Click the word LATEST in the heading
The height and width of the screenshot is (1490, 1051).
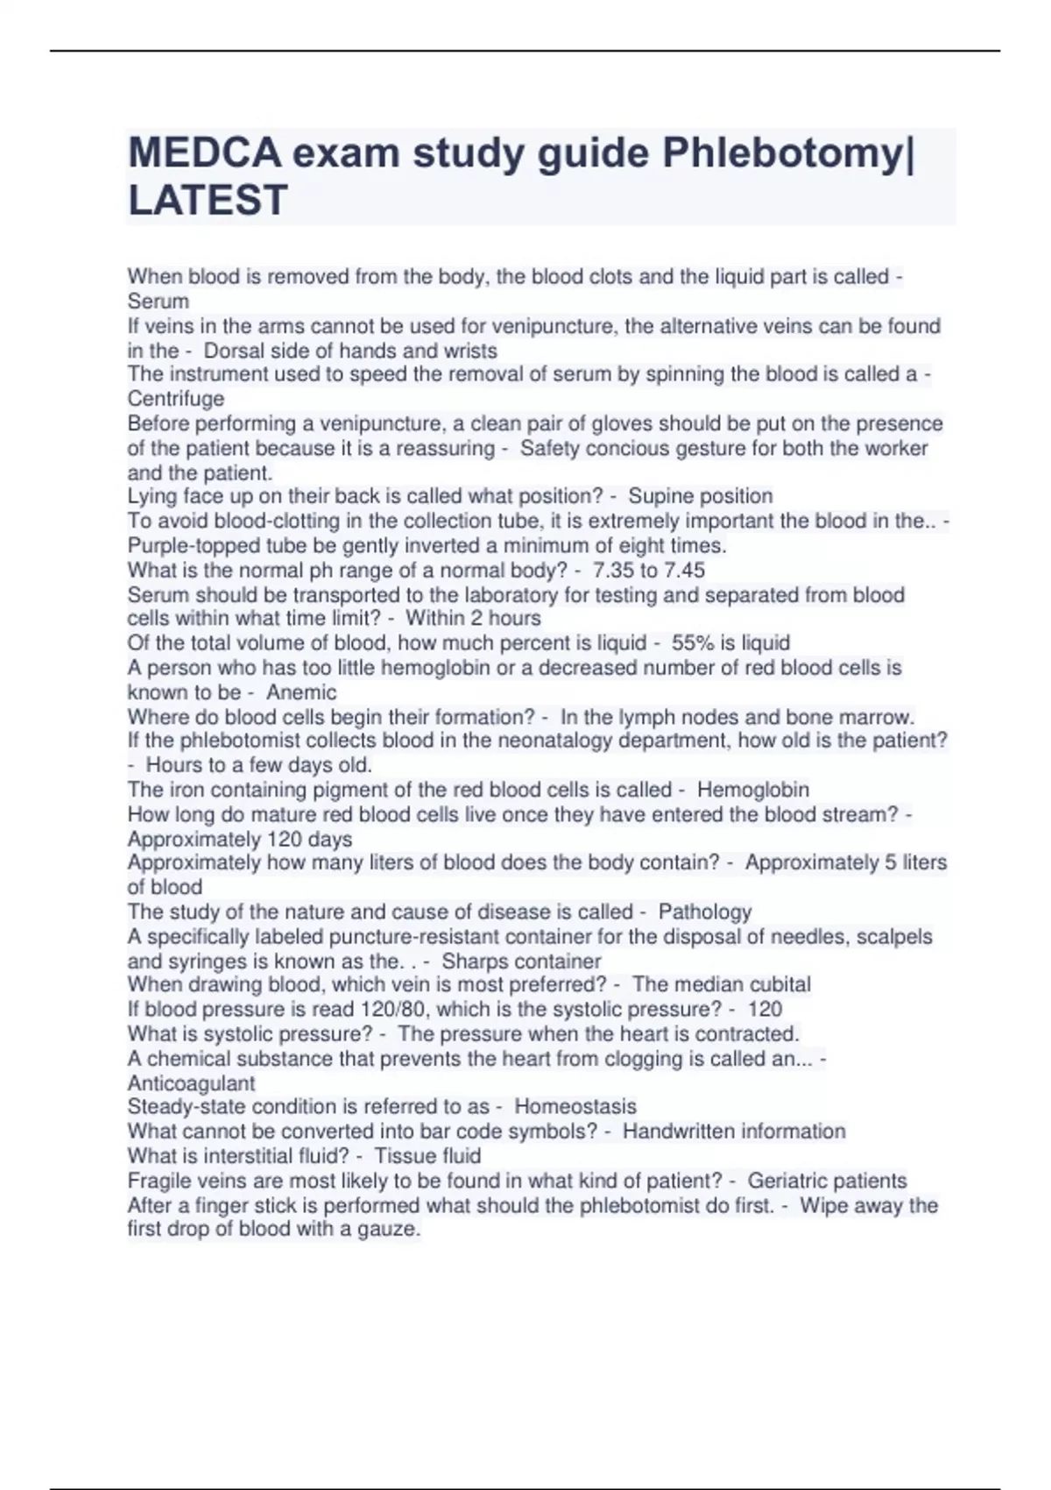coord(208,200)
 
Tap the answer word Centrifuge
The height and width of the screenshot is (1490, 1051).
coord(176,399)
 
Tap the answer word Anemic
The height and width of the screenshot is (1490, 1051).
coord(301,692)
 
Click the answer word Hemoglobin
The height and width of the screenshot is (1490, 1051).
coord(753,790)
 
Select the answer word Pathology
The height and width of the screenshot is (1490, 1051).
coord(705,912)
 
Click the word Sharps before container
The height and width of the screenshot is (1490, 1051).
coord(472,961)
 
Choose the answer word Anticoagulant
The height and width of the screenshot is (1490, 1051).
coord(191,1083)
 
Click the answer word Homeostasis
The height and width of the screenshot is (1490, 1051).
coord(575,1107)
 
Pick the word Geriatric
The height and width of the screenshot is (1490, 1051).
coord(787,1181)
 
